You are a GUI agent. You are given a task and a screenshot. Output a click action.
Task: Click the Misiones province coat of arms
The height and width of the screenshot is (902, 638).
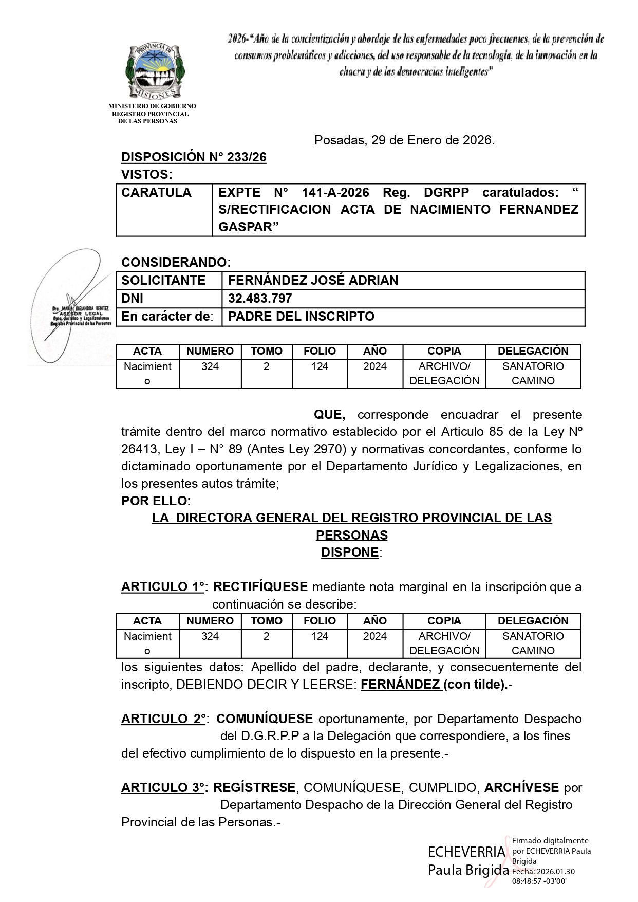155,71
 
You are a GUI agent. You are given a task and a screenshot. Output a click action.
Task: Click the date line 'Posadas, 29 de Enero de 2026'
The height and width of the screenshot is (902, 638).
404,140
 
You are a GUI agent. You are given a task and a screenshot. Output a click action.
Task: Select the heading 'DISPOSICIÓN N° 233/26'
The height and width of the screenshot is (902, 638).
194,157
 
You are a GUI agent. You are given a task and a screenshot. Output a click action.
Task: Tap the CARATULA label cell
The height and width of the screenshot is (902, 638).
156,193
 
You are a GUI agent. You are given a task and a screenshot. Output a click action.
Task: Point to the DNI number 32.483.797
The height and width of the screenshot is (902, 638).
260,299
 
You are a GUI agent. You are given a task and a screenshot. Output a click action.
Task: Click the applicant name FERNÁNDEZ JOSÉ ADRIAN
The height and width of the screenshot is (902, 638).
313,281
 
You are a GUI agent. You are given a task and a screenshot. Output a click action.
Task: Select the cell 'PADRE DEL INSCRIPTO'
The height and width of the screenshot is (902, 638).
301,317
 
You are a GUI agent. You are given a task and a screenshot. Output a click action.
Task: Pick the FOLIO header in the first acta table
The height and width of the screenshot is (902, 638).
320,351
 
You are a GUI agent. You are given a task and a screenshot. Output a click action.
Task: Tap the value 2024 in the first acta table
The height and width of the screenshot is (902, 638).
375,366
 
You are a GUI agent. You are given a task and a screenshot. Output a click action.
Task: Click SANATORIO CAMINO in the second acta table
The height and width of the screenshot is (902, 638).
533,643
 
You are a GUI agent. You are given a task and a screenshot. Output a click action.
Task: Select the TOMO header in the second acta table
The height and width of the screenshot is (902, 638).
267,621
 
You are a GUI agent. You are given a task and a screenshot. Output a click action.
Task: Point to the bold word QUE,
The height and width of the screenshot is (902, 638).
329,415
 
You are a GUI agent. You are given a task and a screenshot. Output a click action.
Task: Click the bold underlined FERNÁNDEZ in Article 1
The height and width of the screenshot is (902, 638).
400,685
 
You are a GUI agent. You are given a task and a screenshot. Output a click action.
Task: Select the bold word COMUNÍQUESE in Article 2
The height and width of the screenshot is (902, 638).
265,719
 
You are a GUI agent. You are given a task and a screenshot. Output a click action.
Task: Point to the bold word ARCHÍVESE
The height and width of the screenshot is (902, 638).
521,787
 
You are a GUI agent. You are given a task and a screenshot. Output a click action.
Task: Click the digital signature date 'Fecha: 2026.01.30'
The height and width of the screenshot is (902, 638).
543,871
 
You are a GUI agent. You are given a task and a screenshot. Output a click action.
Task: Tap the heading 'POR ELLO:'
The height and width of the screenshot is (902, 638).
156,501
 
